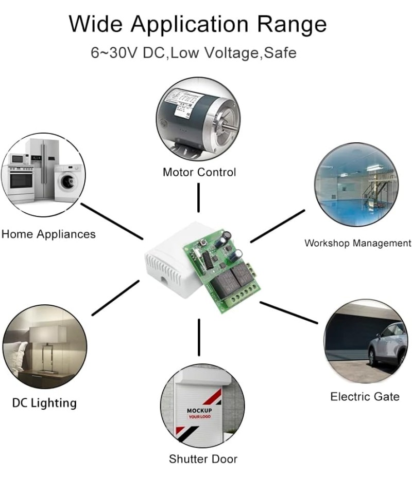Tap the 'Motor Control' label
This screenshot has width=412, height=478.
pos(199,172)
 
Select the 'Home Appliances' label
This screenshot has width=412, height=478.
pos(48,234)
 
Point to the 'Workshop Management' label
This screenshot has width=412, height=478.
pos(357,243)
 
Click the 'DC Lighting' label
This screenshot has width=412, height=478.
pos(44,402)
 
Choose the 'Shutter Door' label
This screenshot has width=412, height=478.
pos(203,459)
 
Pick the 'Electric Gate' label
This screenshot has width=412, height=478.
pos(365,397)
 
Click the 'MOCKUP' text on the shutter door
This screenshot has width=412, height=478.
pos(198,410)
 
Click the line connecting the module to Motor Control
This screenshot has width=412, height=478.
pos(198,197)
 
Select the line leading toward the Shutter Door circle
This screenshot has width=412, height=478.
pos(198,337)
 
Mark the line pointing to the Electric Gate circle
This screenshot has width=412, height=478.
pos(289,312)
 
